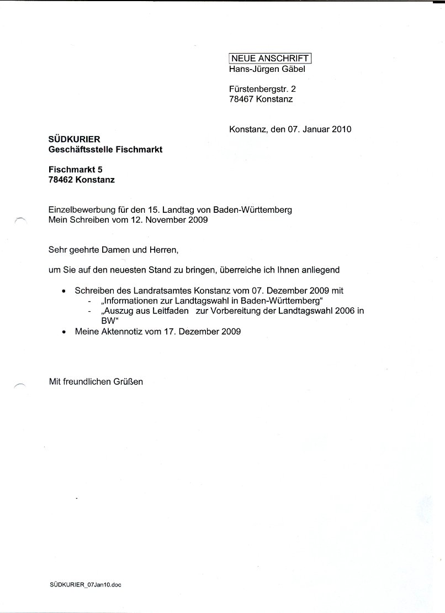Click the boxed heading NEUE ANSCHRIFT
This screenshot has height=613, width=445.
tap(271, 58)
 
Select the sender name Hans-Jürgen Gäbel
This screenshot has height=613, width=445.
tap(266, 69)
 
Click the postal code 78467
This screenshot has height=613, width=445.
tap(241, 99)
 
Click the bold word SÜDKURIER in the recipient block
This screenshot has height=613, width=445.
tap(75, 139)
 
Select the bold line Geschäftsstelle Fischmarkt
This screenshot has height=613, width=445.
tap(105, 150)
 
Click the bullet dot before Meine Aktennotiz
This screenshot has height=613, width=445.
tap(64, 332)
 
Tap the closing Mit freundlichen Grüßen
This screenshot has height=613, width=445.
tap(96, 382)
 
